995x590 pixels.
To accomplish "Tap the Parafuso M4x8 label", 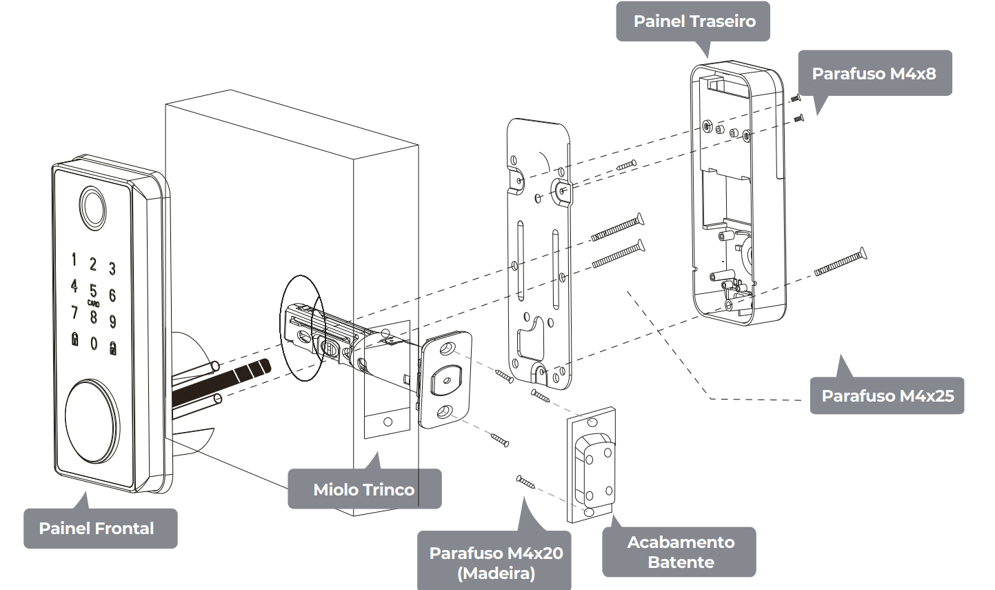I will pos(874,73).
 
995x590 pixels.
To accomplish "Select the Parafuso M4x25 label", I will pos(887,395).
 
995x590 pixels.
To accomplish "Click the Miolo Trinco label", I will pos(363,489).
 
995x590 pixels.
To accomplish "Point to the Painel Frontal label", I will pos(97,528).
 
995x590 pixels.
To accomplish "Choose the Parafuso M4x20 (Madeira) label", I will pos(495,562).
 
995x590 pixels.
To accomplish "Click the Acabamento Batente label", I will pos(680,552).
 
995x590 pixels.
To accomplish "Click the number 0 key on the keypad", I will pos(94,342).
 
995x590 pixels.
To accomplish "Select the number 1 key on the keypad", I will pos(74,259).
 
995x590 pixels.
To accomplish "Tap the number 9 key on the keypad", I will pos(112,321).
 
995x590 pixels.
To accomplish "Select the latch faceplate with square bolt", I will pos(445,379).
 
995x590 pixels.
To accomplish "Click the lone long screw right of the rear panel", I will pos(840,263).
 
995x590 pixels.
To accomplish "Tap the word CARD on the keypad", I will pos(93,304).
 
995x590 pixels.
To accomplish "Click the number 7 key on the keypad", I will pos(74,313).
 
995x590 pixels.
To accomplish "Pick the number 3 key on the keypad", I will pos(112,268).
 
